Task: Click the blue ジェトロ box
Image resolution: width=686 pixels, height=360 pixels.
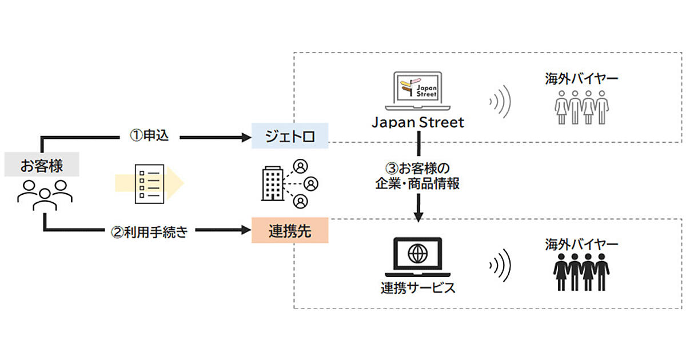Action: pos(290,136)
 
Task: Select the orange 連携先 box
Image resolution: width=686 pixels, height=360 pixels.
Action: pos(290,231)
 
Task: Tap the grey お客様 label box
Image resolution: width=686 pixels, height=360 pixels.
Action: pos(42,166)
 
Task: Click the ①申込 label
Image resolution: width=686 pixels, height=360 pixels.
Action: pos(149,137)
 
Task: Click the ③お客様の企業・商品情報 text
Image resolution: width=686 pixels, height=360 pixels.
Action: pos(418,177)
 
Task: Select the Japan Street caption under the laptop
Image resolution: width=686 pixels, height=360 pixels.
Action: pos(418,122)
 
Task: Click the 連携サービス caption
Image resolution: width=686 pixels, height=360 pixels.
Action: pos(418,287)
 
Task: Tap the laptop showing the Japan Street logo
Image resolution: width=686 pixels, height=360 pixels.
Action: pos(418,90)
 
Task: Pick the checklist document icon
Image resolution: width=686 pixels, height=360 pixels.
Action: pos(149,183)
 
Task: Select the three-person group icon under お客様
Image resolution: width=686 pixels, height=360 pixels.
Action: pos(44,194)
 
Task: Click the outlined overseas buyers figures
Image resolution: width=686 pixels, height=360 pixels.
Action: pos(581,107)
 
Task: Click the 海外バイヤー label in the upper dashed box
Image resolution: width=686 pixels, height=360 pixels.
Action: pos(581,79)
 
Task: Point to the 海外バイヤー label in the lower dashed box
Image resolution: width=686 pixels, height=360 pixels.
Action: pos(581,245)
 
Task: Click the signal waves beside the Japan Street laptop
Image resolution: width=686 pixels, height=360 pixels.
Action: pos(500,102)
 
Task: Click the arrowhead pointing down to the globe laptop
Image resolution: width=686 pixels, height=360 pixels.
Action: pos(418,216)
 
